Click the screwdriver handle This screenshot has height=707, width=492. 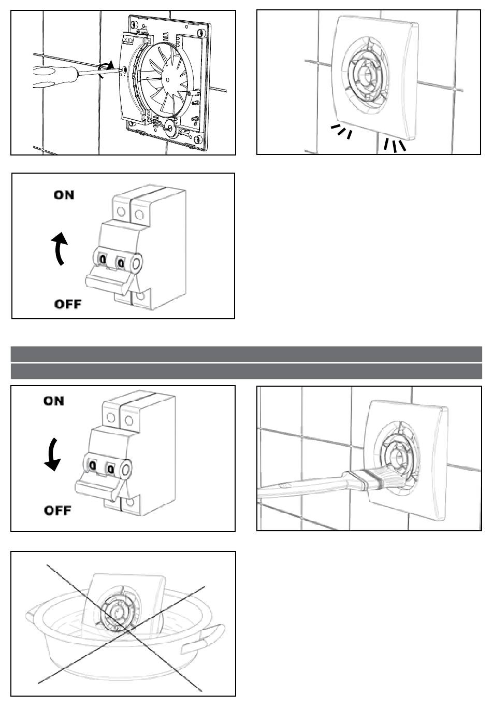(54, 77)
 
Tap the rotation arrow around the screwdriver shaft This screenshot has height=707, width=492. (106, 69)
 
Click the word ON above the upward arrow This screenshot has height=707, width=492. (64, 195)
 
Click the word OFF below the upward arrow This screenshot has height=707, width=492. (68, 304)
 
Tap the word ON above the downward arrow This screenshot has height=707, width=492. (54, 401)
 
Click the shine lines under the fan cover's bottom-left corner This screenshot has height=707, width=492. (341, 132)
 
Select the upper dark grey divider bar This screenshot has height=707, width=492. (247, 354)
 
